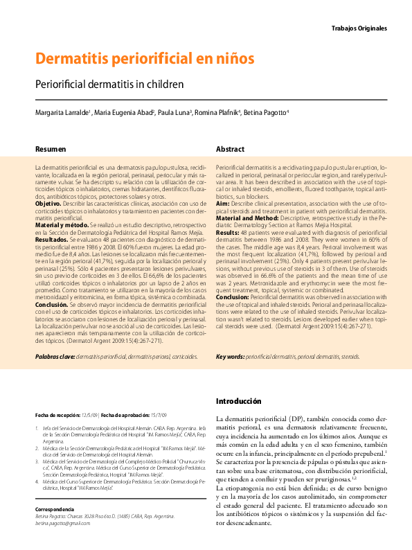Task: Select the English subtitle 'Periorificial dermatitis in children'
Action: tap(109, 85)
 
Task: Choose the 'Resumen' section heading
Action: tap(51, 149)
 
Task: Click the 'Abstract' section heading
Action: tap(230, 149)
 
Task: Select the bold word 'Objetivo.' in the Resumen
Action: tap(48, 205)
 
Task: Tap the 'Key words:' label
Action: tap(230, 357)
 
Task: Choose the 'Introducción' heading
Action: tap(239, 402)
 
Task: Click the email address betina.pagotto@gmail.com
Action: tap(63, 523)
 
